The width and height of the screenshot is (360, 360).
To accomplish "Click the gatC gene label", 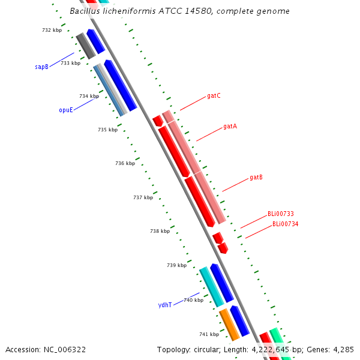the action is (x=214, y=96).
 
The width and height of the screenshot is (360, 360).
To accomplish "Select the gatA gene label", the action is (x=230, y=126).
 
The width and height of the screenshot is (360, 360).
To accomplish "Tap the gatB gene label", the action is (x=256, y=177).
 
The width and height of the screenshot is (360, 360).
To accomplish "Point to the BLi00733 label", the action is (x=281, y=214).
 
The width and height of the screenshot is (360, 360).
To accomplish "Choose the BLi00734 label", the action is (x=285, y=224).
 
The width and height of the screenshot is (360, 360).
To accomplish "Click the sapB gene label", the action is (x=41, y=67).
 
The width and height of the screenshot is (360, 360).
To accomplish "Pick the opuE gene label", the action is (x=66, y=110).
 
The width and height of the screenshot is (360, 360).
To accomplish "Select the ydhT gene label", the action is (x=165, y=305).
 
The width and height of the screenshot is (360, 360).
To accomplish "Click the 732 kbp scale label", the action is (x=52, y=30).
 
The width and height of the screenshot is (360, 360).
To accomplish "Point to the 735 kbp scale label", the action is (x=107, y=130).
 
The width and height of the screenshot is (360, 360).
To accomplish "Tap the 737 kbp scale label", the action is (x=143, y=197).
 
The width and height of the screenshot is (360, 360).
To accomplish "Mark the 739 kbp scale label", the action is (x=177, y=265).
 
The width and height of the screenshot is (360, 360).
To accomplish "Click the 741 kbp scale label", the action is (x=209, y=334).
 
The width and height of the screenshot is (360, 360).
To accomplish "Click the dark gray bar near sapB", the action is (x=86, y=46).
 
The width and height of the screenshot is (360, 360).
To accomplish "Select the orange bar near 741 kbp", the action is (x=229, y=325).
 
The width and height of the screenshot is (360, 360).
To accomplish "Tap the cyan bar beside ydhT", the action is (x=211, y=287).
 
